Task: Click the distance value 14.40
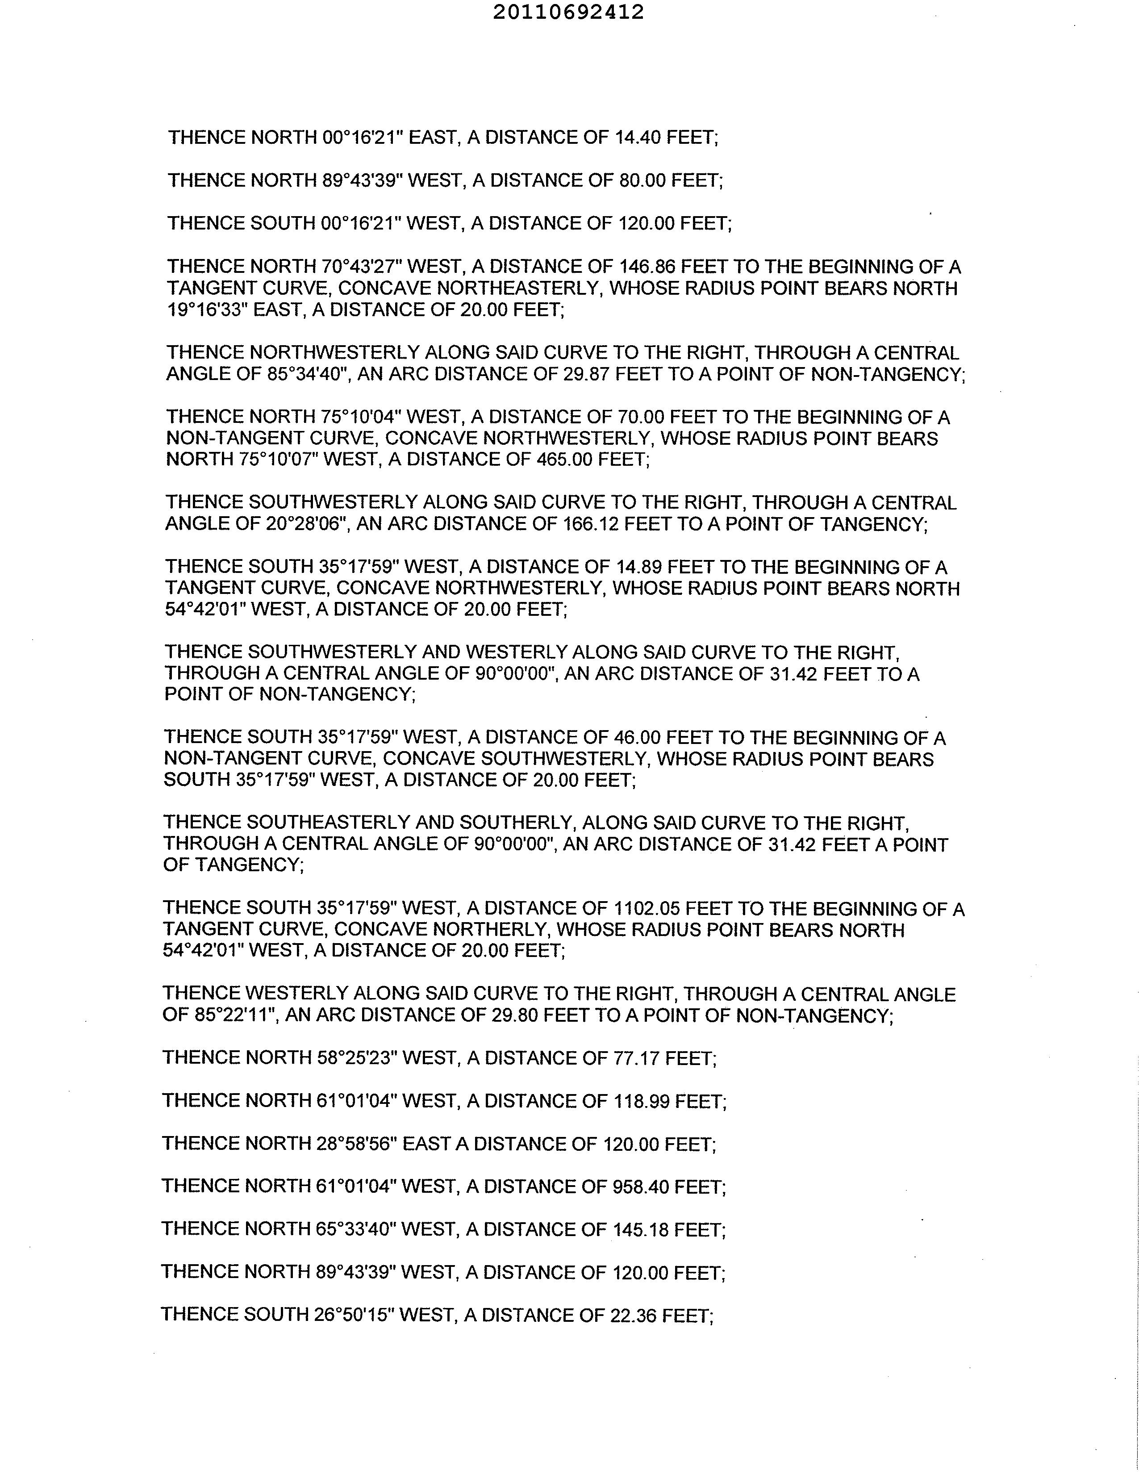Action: click(637, 138)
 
